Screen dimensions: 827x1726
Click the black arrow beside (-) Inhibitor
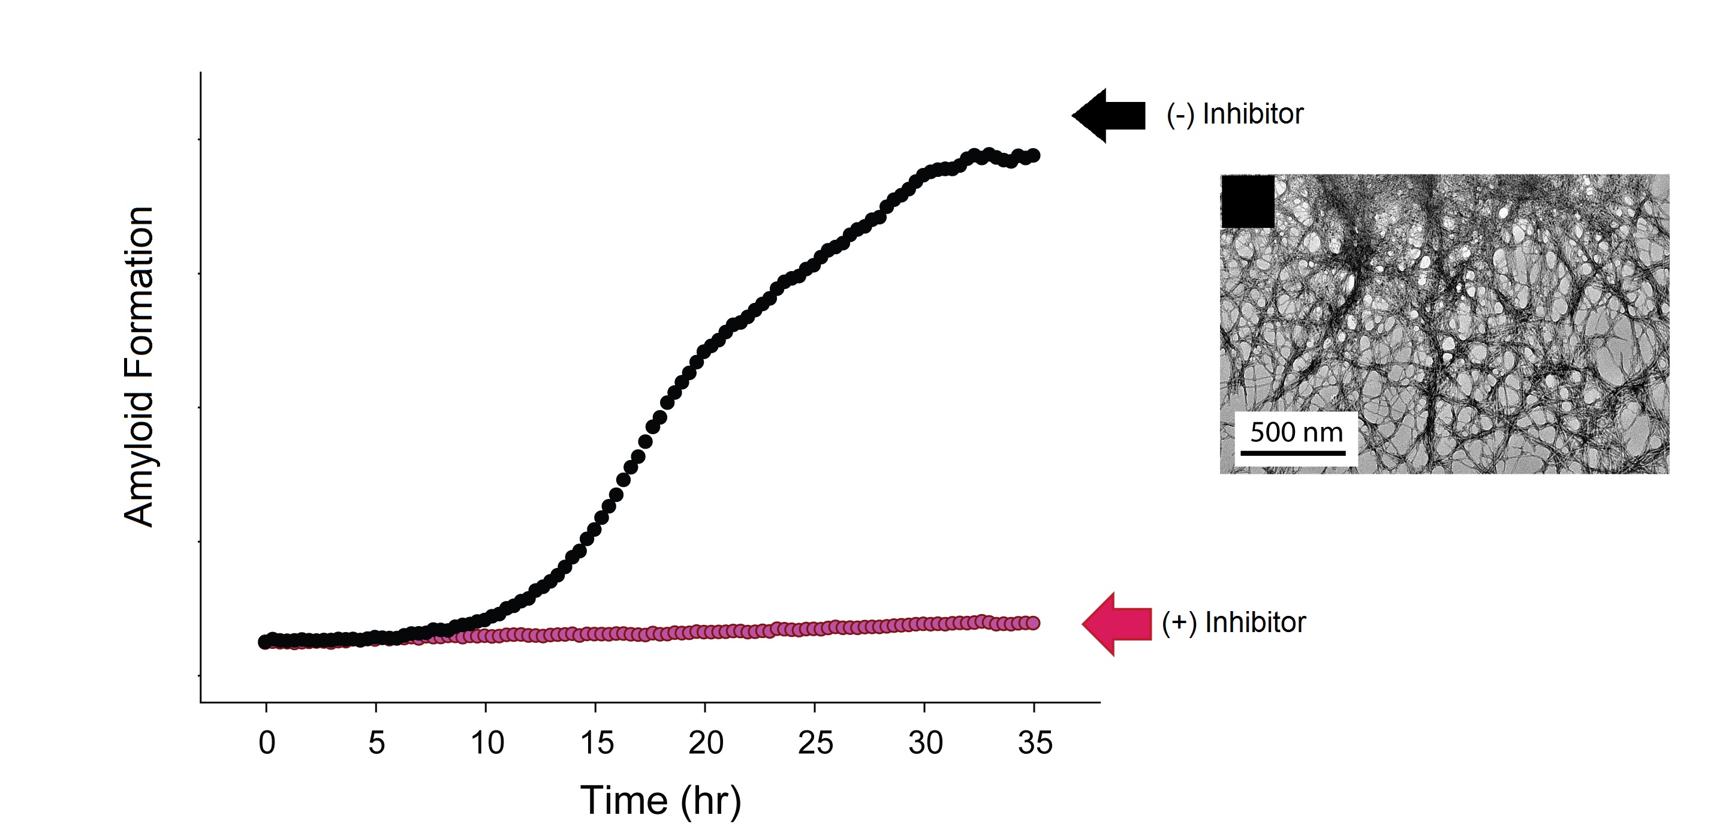[x=1109, y=115]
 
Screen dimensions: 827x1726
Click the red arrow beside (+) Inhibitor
[x=1117, y=623]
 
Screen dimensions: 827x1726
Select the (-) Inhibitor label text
[x=1234, y=114]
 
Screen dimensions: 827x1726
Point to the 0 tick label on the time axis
[x=267, y=743]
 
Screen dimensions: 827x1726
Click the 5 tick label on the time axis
[x=376, y=743]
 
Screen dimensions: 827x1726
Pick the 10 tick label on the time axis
[x=486, y=743]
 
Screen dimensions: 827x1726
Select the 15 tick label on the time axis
[x=597, y=743]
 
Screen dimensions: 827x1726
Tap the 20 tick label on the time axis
[x=706, y=743]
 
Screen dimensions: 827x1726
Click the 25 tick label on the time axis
[x=815, y=743]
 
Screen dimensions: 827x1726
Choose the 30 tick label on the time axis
[x=925, y=743]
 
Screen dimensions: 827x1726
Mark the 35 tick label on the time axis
[x=1035, y=743]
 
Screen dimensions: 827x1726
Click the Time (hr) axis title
[x=660, y=800]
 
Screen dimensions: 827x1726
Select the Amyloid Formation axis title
[x=139, y=366]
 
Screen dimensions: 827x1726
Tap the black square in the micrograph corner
[x=1248, y=201]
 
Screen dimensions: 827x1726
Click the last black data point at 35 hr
[x=1034, y=155]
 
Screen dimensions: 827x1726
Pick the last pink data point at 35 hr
[x=1034, y=623]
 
